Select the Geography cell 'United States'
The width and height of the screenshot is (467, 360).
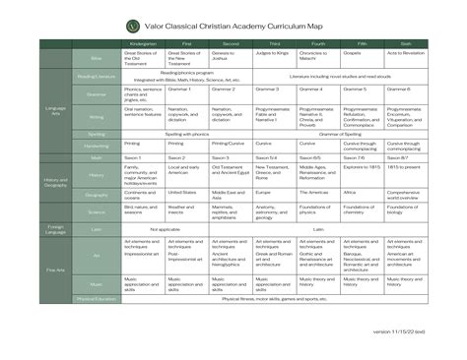coord(189,193)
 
